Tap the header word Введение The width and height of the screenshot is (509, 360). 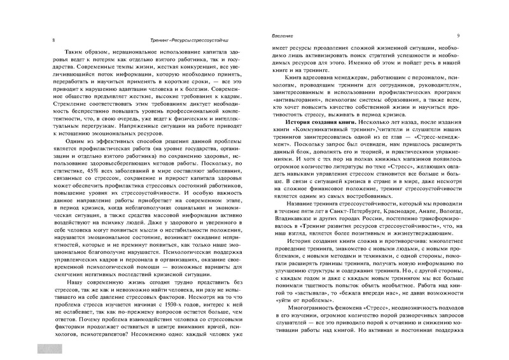coord(284,36)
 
